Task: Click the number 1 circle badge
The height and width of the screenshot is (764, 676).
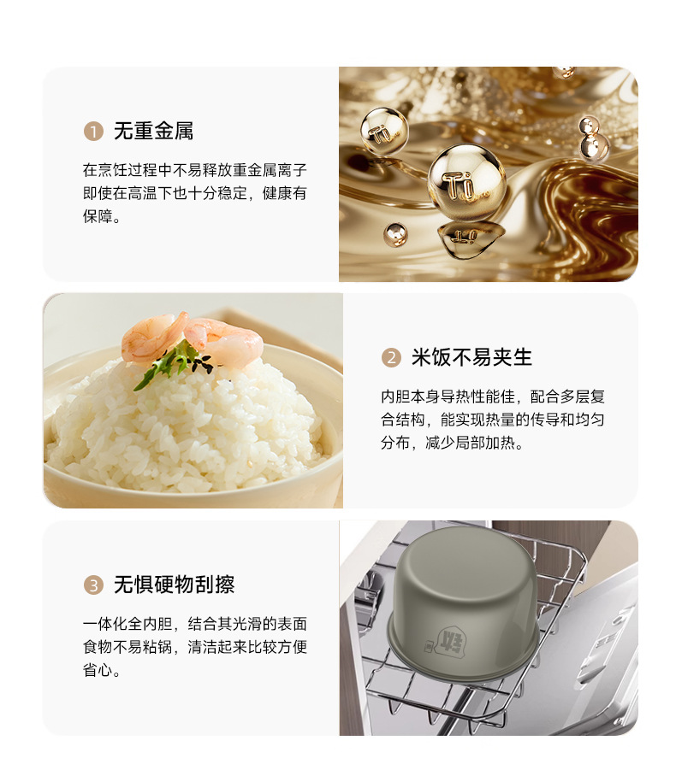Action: pyautogui.click(x=93, y=132)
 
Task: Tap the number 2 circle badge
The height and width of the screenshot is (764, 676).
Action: pyautogui.click(x=391, y=357)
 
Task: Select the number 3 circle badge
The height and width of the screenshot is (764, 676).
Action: pyautogui.click(x=93, y=585)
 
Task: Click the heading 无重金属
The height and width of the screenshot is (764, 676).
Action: pyautogui.click(x=154, y=131)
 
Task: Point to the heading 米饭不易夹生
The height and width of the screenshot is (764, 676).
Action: pyautogui.click(x=471, y=357)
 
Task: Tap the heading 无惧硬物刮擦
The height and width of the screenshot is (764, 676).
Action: pyautogui.click(x=174, y=585)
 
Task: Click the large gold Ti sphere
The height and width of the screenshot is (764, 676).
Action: pyautogui.click(x=466, y=182)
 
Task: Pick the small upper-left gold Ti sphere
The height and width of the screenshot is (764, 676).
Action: pyautogui.click(x=384, y=131)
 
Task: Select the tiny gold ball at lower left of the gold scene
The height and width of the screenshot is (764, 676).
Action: pyautogui.click(x=395, y=234)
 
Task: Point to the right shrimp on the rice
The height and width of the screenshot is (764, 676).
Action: pyautogui.click(x=225, y=341)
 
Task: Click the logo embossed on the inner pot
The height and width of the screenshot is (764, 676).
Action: pyautogui.click(x=449, y=642)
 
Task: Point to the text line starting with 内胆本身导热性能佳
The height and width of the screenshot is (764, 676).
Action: pyautogui.click(x=493, y=397)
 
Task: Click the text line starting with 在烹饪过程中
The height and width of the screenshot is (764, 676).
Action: pyautogui.click(x=194, y=170)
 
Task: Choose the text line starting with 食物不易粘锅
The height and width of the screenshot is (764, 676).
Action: pyautogui.click(x=194, y=647)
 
